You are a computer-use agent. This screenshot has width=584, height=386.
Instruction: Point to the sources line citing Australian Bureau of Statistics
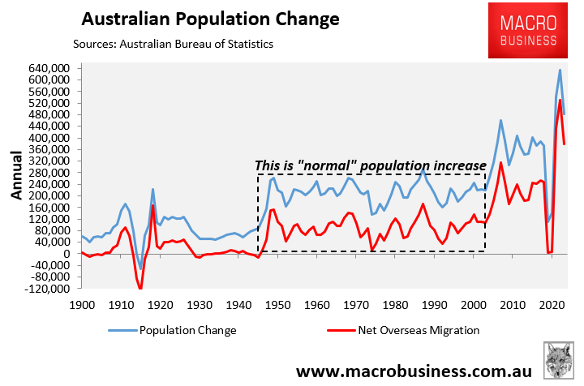[173, 44]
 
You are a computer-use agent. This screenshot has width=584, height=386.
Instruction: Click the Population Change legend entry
[187, 331]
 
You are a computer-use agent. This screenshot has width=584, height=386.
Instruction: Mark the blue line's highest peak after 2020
[560, 70]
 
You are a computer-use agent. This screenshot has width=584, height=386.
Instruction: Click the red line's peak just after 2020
[560, 100]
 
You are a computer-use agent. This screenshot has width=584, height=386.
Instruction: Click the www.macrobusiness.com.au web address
[411, 371]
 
